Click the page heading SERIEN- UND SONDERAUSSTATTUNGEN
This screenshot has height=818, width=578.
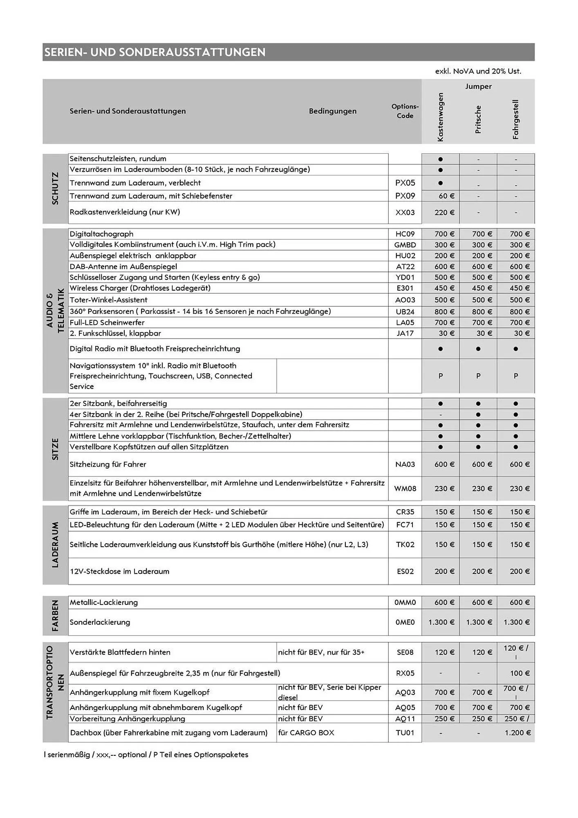[x=155, y=52]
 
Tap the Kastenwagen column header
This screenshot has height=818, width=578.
[x=440, y=117]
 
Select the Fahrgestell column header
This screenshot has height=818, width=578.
[x=515, y=119]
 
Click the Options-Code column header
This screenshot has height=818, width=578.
[x=405, y=111]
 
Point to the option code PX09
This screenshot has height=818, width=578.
[x=405, y=196]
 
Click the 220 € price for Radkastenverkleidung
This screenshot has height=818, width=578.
[x=444, y=212]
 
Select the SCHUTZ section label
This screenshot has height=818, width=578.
[x=55, y=188]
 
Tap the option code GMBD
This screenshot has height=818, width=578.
[x=405, y=245]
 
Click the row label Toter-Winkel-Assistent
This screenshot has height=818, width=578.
[x=108, y=300]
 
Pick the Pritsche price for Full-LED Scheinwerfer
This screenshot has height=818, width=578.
[x=482, y=323]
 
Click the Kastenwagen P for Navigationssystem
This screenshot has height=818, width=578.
[x=440, y=376]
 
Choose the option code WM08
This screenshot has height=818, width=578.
[x=405, y=488]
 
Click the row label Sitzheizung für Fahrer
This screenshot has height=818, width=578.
[x=108, y=464]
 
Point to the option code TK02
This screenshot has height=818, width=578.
[x=405, y=544]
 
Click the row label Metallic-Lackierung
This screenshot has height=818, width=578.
[x=103, y=602]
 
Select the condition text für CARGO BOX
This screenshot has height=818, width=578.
[x=306, y=733]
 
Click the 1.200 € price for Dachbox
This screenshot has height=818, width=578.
[x=518, y=733]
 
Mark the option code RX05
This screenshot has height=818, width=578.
[x=405, y=673]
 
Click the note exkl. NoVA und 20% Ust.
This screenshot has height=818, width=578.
[x=478, y=71]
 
